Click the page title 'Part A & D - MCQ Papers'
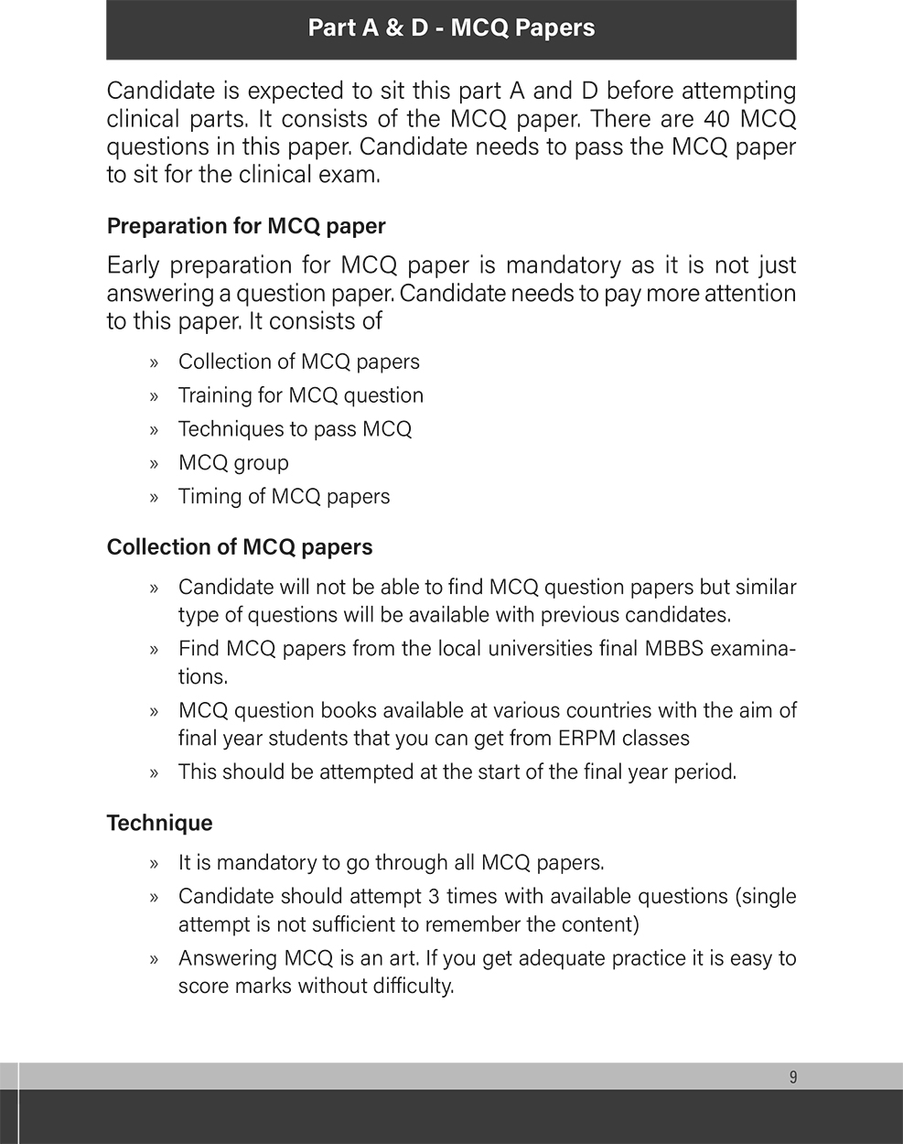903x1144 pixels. [451, 28]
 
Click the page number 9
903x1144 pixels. [792, 1077]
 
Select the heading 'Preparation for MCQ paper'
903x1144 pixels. [246, 226]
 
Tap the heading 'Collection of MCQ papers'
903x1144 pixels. [240, 547]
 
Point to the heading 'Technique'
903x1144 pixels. [159, 823]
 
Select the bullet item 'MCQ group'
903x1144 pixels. [233, 463]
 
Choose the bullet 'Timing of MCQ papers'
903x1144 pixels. [284, 497]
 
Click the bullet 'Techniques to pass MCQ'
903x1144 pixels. [295, 429]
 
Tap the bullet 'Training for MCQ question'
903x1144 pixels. [300, 395]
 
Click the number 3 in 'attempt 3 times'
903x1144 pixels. [435, 896]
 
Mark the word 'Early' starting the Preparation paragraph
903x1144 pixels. [133, 265]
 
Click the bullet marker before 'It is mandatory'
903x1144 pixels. [155, 863]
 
